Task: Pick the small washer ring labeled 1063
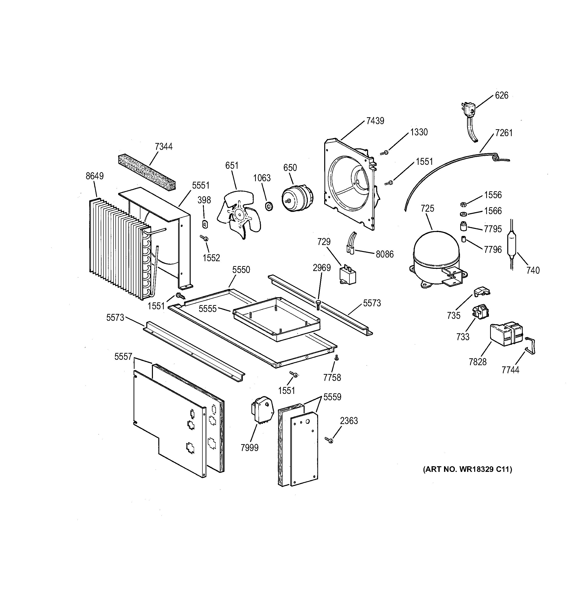coord(269,207)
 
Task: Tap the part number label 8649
coord(95,176)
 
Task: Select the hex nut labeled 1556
coord(462,204)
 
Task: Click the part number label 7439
coord(375,121)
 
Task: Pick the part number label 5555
coord(208,309)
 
